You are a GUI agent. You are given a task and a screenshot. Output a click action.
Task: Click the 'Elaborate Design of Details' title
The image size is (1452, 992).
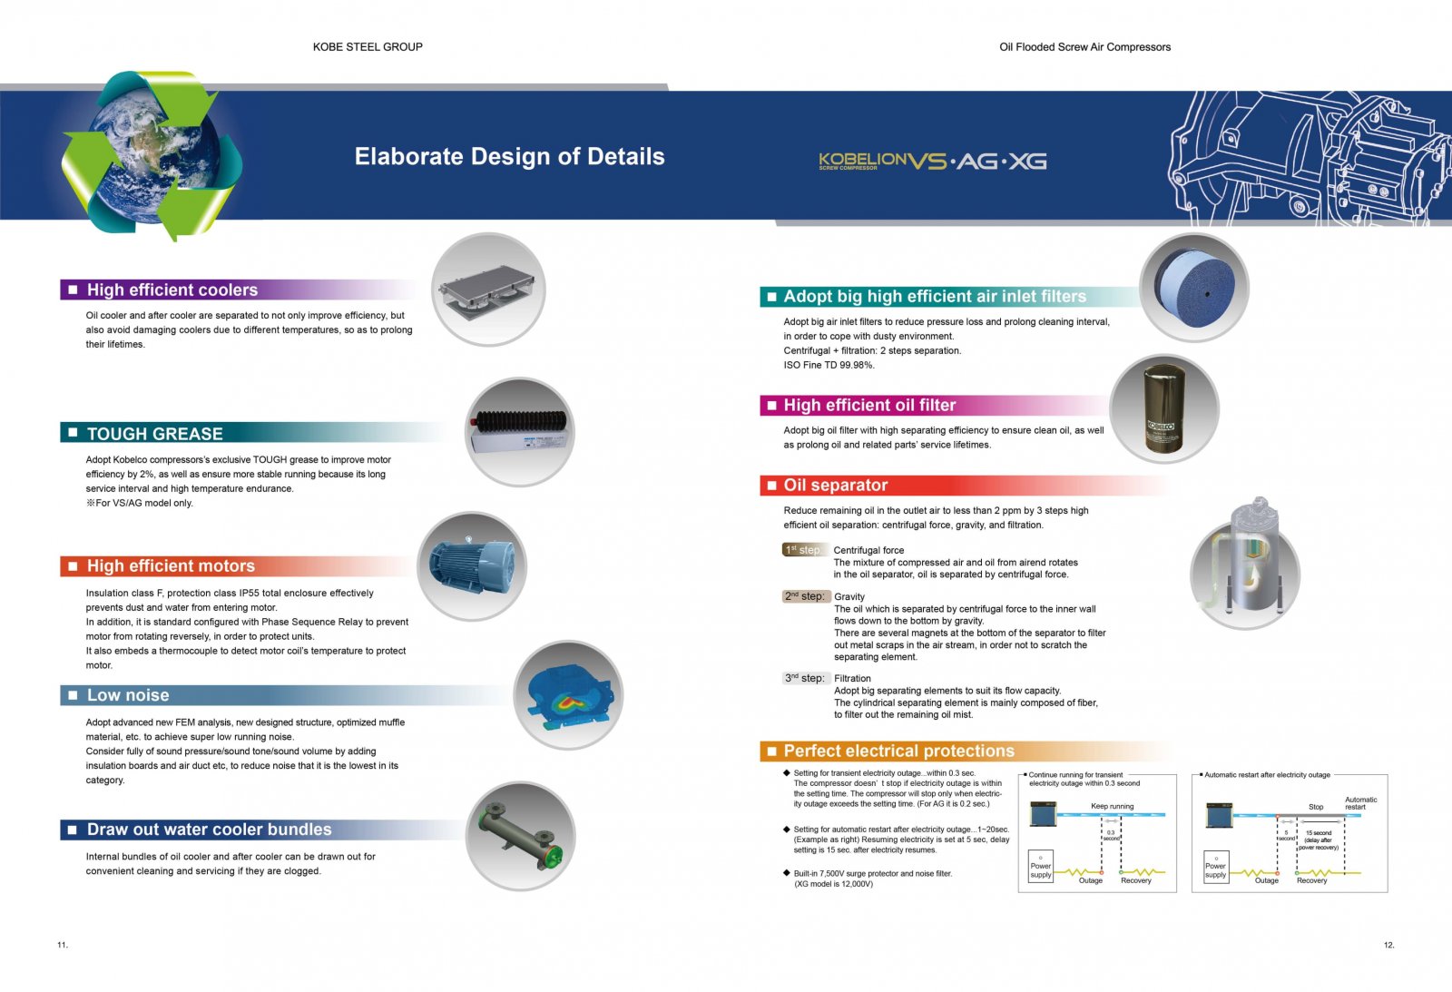pos(509,157)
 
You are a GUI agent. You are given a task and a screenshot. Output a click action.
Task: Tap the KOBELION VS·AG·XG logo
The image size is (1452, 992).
pos(932,162)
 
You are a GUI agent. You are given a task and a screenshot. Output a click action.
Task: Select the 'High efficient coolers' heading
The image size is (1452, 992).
pos(172,290)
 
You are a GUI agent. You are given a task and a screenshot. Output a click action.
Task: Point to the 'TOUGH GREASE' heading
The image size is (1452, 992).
pos(154,434)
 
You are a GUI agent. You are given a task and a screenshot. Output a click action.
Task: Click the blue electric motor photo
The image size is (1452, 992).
pos(471,566)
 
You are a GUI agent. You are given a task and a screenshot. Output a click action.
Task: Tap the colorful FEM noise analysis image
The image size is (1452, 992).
pos(568,694)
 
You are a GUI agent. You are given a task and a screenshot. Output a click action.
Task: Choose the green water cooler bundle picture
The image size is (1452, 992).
pos(520,835)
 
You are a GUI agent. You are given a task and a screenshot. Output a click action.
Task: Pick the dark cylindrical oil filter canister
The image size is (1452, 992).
pos(1163,408)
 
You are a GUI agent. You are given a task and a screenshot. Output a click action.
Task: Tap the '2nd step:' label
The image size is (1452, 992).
pos(805,596)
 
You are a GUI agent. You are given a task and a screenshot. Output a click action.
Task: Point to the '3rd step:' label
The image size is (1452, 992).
pos(805,678)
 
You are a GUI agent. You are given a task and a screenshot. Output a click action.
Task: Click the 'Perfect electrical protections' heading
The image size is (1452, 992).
pos(898,751)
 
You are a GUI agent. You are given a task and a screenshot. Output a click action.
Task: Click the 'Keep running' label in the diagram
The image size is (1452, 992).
pos(1112,806)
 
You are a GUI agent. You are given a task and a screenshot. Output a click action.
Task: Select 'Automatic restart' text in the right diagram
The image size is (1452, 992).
pos(1359,803)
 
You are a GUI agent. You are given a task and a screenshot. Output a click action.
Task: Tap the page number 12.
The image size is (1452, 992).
pos(1388,945)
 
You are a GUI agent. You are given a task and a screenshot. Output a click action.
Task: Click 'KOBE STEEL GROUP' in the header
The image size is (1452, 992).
pos(368,47)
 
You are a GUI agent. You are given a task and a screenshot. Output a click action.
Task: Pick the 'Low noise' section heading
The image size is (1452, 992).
pos(128,696)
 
